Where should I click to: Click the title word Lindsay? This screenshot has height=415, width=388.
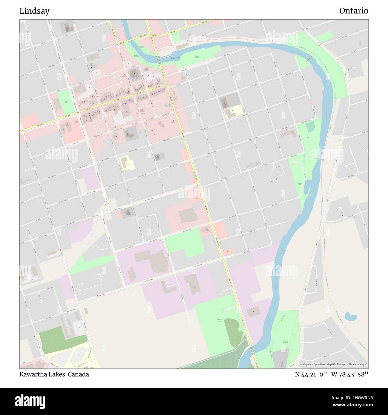(x=34, y=11)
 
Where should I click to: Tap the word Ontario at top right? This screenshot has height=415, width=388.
(x=353, y=11)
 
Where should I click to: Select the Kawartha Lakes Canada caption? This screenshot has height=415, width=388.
(x=54, y=374)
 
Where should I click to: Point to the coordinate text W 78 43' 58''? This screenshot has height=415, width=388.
(x=349, y=374)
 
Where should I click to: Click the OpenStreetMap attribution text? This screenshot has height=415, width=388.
(x=334, y=365)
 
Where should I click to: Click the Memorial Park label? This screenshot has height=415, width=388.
(x=221, y=320)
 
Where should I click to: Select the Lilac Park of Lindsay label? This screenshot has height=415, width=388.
(x=285, y=342)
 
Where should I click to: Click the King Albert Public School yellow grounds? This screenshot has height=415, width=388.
(x=127, y=163)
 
